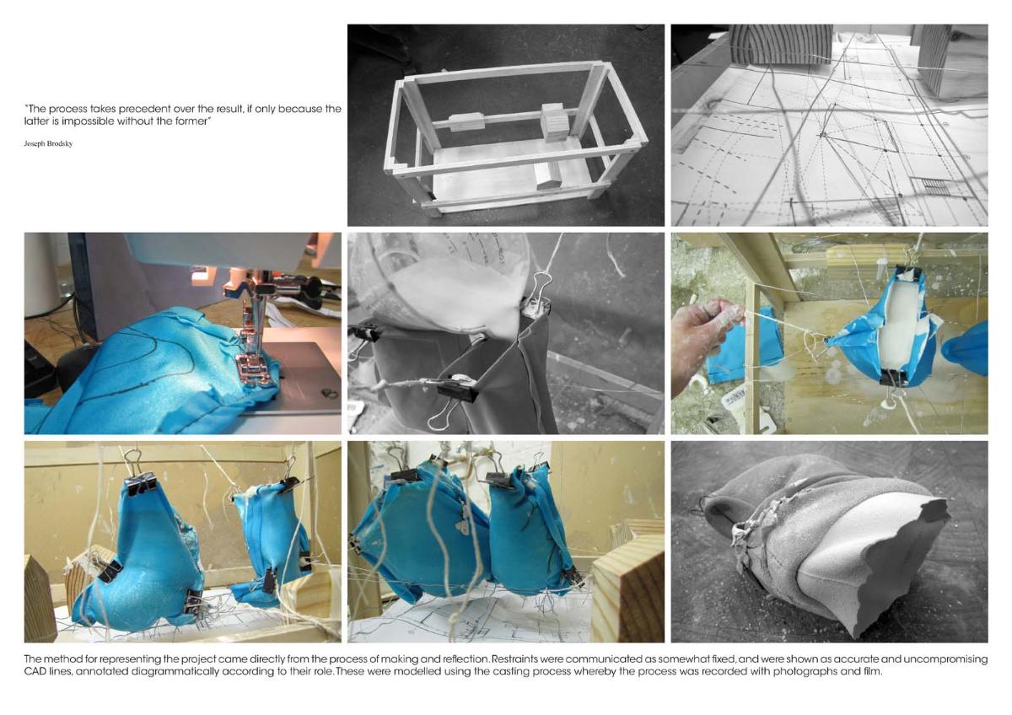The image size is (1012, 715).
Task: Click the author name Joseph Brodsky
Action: pos(48,143)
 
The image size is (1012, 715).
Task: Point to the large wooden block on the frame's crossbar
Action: pos(554,122)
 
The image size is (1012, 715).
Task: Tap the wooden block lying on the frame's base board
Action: pos(548,176)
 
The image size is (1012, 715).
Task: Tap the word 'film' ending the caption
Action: pos(873,671)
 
